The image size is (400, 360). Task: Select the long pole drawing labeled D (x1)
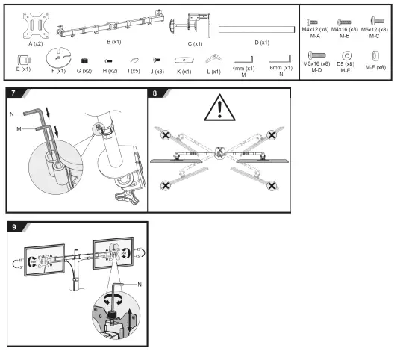click(x=256, y=29)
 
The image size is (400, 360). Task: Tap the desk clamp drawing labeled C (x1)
click(x=193, y=25)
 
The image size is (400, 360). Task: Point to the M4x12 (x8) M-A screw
click(x=312, y=22)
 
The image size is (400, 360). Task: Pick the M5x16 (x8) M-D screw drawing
click(x=313, y=55)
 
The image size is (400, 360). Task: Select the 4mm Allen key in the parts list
click(x=243, y=59)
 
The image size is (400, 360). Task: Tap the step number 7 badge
click(x=12, y=93)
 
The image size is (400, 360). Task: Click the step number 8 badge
click(x=154, y=93)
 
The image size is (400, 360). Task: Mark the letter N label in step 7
click(x=12, y=113)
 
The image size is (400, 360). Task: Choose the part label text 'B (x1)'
click(x=113, y=43)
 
